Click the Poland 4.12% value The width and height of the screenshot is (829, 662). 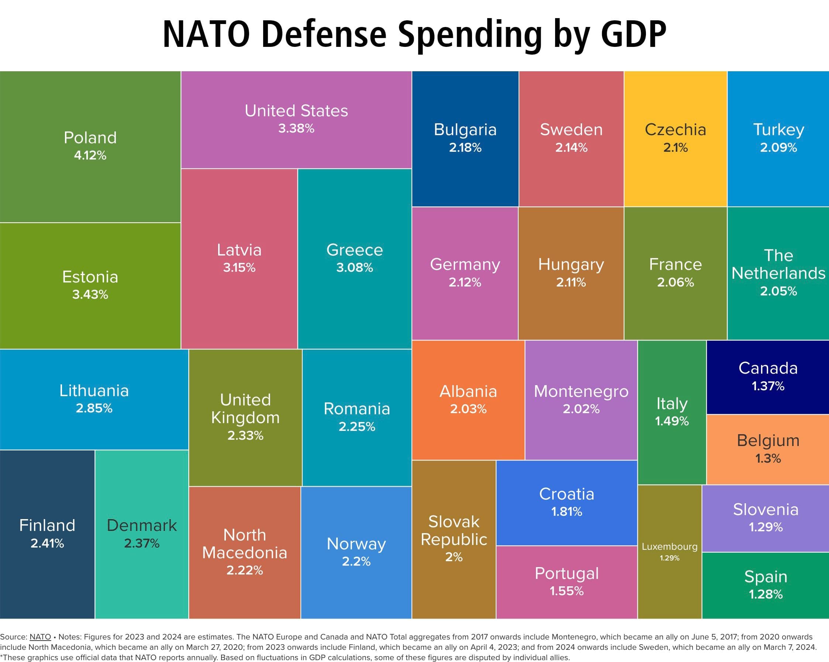[x=90, y=155]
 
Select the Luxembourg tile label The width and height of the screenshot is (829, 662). [x=670, y=546]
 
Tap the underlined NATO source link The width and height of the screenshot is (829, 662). [x=40, y=637]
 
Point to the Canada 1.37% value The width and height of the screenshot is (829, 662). [x=768, y=386]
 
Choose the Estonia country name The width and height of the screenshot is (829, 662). [x=90, y=277]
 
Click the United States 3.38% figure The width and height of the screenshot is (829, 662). [x=296, y=128]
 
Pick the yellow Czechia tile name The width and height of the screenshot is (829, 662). [x=675, y=130]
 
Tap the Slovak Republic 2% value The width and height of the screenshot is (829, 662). [x=454, y=557]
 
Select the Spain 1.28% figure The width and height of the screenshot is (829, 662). [x=766, y=594]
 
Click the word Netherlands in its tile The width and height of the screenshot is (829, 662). [x=778, y=273]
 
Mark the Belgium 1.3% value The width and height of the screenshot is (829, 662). [x=768, y=458]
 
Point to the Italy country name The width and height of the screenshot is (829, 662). [x=672, y=404]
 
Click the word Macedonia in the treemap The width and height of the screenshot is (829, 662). [x=245, y=552]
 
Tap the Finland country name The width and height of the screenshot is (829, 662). [x=47, y=525]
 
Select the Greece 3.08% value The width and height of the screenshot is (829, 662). [x=354, y=267]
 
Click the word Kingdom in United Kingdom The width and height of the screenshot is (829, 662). [x=245, y=417]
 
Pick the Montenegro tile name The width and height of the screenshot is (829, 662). [x=581, y=391]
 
